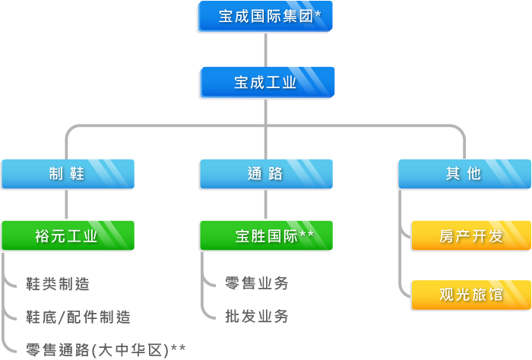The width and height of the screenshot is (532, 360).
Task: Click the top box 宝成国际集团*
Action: [x=265, y=17]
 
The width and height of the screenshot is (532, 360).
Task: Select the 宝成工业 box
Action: [x=265, y=83]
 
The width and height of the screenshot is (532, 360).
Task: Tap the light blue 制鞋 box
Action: [x=67, y=174]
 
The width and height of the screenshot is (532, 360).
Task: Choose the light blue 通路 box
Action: [x=265, y=174]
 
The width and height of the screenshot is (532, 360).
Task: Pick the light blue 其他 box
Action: [x=464, y=174]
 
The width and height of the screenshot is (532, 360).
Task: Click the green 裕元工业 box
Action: [x=67, y=235]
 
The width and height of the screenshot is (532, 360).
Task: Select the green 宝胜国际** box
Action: [x=265, y=235]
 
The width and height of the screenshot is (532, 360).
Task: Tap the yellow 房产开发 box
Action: [x=470, y=236]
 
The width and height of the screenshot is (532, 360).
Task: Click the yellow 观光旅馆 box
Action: [x=470, y=295]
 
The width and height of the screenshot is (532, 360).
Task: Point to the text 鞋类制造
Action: [x=57, y=284]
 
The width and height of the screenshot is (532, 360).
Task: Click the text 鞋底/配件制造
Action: [x=78, y=317]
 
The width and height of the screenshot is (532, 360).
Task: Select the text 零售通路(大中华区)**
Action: [x=106, y=350]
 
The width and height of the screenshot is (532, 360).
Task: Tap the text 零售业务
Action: [x=257, y=283]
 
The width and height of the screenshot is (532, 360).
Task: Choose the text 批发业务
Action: [x=257, y=316]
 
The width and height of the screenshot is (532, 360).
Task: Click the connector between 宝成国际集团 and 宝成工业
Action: [x=265, y=50]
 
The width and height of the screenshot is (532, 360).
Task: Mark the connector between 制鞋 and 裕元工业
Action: [x=67, y=205]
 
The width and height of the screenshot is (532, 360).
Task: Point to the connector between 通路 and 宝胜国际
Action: [x=265, y=205]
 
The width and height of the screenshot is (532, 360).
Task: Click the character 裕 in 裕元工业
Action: [x=43, y=236]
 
